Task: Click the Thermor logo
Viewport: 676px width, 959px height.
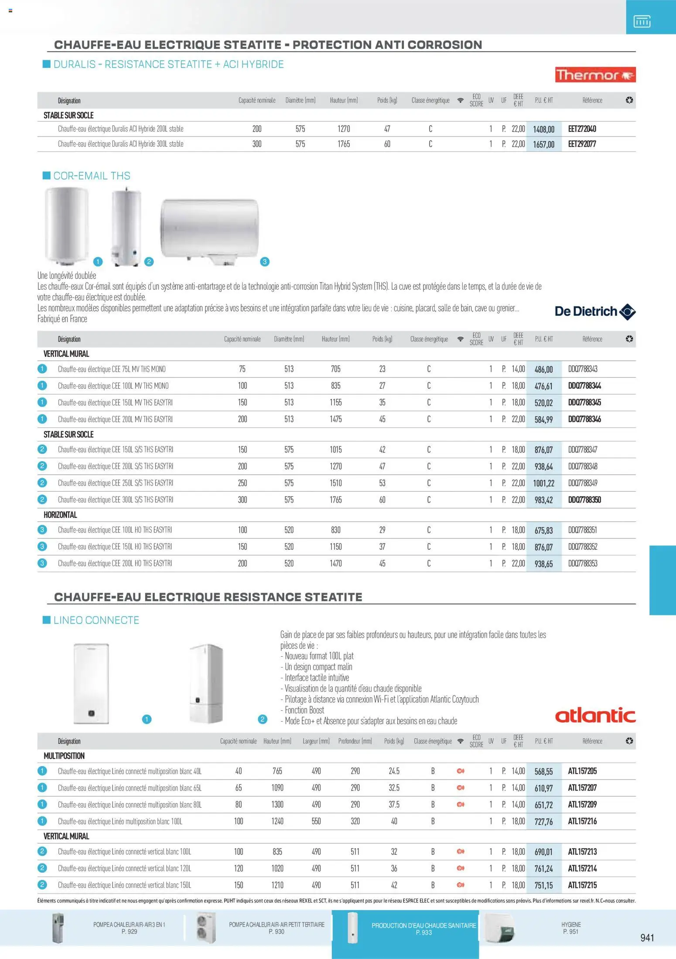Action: coord(595,75)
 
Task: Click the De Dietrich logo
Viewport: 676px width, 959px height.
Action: coord(595,312)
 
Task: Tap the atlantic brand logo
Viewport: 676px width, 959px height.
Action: coord(595,716)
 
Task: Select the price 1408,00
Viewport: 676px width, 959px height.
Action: coord(543,129)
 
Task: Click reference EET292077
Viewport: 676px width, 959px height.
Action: coord(582,144)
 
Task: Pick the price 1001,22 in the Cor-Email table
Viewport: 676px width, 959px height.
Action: coord(543,483)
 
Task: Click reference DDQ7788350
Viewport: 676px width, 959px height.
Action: coord(584,500)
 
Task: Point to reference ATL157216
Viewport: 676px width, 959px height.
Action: coord(582,821)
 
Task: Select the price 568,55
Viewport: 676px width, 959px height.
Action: coord(543,771)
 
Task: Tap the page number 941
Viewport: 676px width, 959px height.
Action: coord(647,938)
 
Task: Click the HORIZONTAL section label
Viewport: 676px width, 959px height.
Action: coord(60,515)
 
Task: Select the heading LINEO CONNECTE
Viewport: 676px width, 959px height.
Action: coord(96,620)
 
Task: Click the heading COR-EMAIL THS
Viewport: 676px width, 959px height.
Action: coord(92,176)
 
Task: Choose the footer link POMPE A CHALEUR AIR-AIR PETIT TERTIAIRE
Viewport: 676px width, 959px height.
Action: coord(277,928)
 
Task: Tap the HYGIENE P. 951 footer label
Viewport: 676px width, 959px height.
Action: coord(570,928)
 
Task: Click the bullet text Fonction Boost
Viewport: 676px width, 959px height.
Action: coord(304,710)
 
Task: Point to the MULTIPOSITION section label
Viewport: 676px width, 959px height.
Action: coord(64,756)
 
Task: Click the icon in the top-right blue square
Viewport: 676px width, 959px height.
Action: coord(642,21)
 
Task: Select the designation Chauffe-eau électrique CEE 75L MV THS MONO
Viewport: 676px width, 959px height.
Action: coord(112,369)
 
